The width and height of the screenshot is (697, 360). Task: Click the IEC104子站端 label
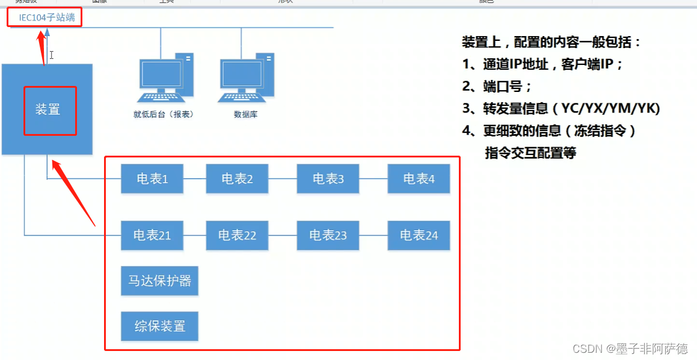[x=47, y=17]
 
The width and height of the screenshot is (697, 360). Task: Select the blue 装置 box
[x=48, y=110]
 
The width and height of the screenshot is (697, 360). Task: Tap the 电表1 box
[x=152, y=178]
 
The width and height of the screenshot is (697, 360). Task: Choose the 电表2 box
[x=237, y=178]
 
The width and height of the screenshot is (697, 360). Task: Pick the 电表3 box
[x=328, y=178]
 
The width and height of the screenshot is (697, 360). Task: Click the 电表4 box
[x=419, y=178]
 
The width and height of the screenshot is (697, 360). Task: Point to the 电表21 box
[x=152, y=236]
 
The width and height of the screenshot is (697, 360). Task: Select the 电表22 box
[x=237, y=236]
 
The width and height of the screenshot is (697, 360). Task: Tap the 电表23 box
[x=328, y=236]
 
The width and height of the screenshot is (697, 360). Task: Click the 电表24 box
[x=419, y=236]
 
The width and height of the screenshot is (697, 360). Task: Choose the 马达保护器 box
[x=159, y=281]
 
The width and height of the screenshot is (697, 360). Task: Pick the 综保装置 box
[x=159, y=326]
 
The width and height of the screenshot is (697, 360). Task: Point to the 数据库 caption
[x=245, y=114]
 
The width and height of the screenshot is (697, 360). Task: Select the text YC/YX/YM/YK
[x=610, y=109]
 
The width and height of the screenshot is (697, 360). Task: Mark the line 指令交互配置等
[x=530, y=153]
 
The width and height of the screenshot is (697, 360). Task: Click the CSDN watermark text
[x=630, y=349]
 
